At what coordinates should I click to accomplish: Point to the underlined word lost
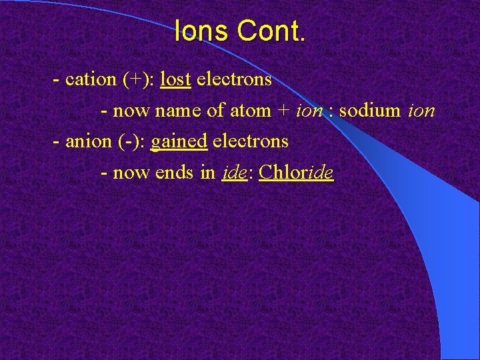point(176,79)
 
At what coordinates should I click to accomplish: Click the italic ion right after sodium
point(421,111)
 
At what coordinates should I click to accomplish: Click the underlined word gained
point(179,142)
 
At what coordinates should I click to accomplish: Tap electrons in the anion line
point(251,141)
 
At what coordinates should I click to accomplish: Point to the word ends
point(175,173)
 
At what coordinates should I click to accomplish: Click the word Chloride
point(296,173)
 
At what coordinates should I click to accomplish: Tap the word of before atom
point(216,111)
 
